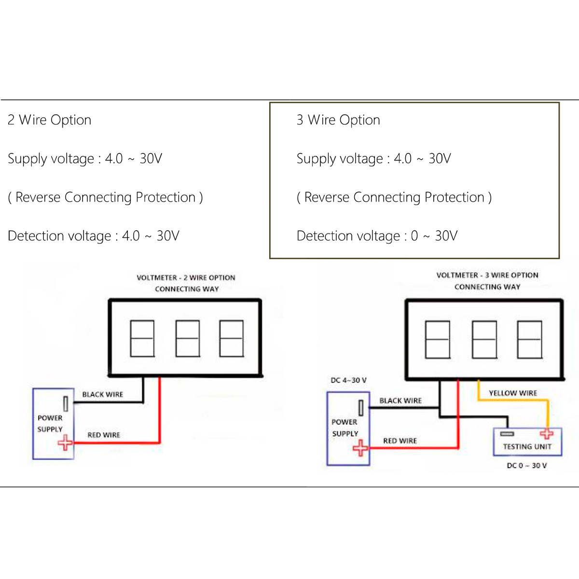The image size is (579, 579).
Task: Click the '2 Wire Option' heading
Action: click(x=49, y=120)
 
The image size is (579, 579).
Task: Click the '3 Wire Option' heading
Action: click(x=338, y=120)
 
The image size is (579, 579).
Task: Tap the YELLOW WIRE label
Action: click(x=512, y=393)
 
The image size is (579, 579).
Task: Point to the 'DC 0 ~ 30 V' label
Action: click(x=526, y=466)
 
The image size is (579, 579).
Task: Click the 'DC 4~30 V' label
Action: click(x=348, y=380)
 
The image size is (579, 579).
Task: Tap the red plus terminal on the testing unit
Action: click(x=547, y=433)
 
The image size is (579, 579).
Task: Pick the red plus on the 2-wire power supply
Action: click(x=65, y=442)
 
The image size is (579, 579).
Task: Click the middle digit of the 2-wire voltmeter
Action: click(x=187, y=338)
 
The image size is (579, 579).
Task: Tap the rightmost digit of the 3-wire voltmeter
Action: click(x=529, y=340)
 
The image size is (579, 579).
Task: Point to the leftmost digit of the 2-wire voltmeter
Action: click(x=142, y=338)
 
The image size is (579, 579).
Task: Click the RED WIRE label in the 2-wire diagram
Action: click(x=104, y=435)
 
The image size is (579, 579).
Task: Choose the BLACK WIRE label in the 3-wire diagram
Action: click(x=400, y=400)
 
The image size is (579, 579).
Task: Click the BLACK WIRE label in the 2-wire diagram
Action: click(x=102, y=394)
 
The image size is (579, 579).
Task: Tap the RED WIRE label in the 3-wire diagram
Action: click(x=400, y=441)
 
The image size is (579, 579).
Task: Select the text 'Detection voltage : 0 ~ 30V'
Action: click(x=377, y=236)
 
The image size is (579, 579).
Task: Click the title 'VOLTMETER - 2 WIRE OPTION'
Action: click(x=186, y=277)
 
